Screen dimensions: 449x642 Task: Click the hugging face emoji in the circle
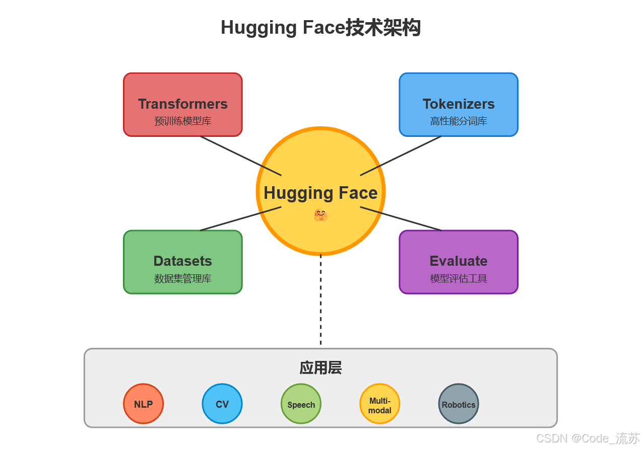(320, 215)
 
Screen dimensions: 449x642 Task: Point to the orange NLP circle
(144, 404)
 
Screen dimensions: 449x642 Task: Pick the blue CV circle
(222, 404)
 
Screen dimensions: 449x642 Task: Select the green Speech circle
(301, 404)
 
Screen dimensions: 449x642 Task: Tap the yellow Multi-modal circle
(379, 404)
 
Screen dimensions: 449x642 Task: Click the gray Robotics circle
(458, 404)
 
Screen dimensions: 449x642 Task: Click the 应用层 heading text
(320, 368)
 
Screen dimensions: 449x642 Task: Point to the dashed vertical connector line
(320, 302)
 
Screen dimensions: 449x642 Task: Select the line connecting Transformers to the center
(240, 156)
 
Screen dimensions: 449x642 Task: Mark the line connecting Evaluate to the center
(401, 218)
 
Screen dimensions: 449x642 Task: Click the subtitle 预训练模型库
(182, 121)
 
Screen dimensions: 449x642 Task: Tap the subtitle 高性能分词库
(458, 121)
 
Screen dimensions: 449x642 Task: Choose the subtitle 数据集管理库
(182, 278)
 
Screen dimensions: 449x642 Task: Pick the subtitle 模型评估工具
(458, 278)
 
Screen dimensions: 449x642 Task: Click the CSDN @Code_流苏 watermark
(588, 438)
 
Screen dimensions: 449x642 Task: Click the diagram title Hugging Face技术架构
(320, 28)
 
